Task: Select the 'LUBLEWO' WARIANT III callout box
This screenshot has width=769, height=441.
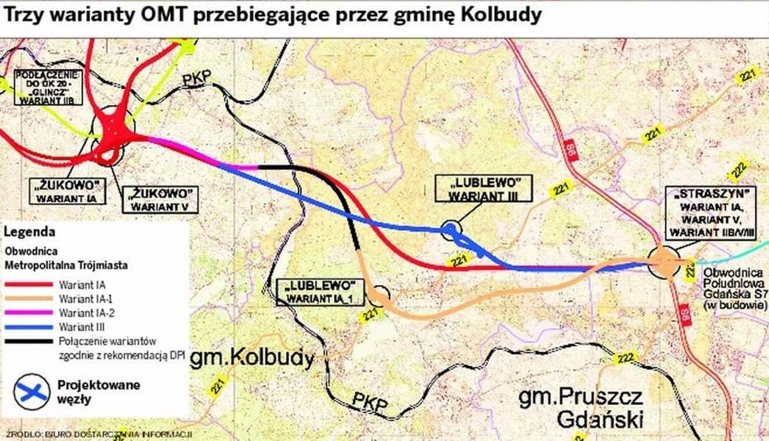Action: pos(482,187)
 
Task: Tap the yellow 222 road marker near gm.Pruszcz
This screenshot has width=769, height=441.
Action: pos(626,359)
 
